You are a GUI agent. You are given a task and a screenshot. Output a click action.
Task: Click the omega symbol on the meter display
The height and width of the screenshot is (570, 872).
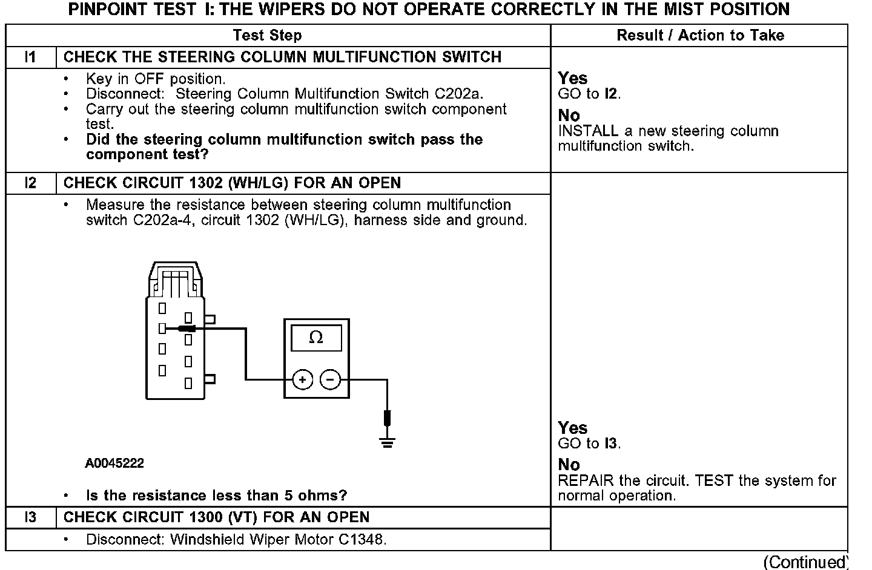click(x=316, y=338)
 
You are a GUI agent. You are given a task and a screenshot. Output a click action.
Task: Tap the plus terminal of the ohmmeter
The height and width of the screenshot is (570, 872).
click(x=302, y=380)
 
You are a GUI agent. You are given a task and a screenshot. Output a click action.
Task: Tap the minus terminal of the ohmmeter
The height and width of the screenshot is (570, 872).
click(x=330, y=380)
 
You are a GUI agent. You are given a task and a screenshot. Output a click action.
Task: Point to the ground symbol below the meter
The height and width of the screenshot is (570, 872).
click(x=388, y=442)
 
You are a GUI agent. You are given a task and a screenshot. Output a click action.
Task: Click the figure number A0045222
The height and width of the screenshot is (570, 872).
click(x=114, y=464)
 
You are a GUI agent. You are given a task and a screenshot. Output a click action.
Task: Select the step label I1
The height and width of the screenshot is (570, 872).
click(x=30, y=57)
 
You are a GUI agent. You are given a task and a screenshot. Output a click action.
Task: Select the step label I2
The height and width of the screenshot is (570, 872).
click(x=30, y=183)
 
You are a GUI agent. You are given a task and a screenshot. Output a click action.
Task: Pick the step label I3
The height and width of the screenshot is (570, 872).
click(x=30, y=517)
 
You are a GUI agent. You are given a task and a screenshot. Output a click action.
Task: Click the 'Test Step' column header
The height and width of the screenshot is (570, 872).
click(x=267, y=35)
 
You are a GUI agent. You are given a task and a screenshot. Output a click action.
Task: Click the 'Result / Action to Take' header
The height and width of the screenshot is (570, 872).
click(x=700, y=35)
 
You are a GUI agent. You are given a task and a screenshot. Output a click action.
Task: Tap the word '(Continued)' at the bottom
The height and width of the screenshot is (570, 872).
click(x=805, y=562)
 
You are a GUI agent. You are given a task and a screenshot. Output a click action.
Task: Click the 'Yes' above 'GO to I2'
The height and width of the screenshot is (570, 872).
click(x=572, y=78)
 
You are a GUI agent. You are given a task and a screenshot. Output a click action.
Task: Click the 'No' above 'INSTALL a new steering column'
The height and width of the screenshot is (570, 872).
click(x=569, y=115)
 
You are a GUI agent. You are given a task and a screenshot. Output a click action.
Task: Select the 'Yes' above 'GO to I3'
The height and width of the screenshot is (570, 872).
click(x=572, y=428)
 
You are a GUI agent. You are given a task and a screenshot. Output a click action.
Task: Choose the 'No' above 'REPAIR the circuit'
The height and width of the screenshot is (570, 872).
click(x=569, y=465)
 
